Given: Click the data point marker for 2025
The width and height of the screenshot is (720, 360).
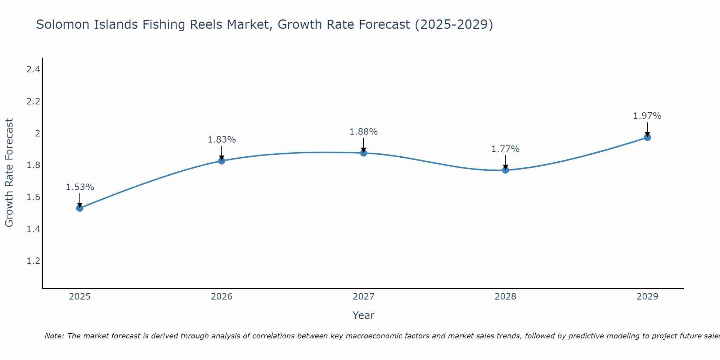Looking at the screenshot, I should pos(80,208).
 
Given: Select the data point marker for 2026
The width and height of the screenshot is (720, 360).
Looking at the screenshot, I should pos(222,161).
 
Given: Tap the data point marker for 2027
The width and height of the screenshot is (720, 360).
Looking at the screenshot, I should pos(364,153).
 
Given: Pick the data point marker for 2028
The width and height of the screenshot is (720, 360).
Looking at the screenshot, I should pos(505,170).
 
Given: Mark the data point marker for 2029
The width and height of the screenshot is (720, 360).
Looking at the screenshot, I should pos(647,137).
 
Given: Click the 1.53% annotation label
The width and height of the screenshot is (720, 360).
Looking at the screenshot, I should pos(80,187).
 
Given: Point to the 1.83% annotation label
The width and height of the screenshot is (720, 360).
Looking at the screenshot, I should pos(222,140).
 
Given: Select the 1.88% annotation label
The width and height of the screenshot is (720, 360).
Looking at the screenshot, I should pos(364,132).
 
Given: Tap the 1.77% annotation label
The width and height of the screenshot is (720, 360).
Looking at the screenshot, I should pos(505,149).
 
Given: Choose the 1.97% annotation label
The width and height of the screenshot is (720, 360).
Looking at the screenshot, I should pos(647,116).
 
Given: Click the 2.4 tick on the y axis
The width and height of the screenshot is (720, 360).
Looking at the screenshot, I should pos(33,69).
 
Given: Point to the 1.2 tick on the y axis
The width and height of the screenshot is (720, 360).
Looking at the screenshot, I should pos(33,261).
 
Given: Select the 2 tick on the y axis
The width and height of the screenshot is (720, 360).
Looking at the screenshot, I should pos(37,133).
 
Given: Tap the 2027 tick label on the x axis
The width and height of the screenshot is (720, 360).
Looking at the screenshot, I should pos(364,297).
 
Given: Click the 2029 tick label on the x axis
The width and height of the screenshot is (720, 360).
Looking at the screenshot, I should pos(647,297).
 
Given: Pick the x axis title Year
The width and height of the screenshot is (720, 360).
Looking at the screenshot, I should pos(364,315).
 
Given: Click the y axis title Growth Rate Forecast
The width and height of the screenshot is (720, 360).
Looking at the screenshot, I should pos(9,173).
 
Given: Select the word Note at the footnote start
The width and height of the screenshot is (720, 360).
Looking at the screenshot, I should pos(54,336).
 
